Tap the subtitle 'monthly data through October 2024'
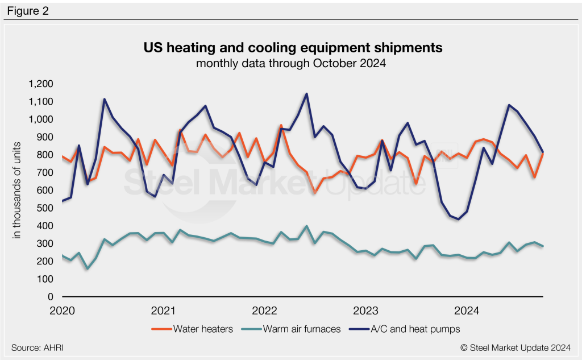[291, 63]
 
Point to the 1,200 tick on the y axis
[40, 84]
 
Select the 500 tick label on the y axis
[45, 208]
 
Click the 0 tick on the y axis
[51, 297]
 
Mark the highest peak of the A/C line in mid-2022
[306, 94]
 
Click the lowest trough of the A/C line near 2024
[458, 219]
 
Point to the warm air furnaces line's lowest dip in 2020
[88, 268]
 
